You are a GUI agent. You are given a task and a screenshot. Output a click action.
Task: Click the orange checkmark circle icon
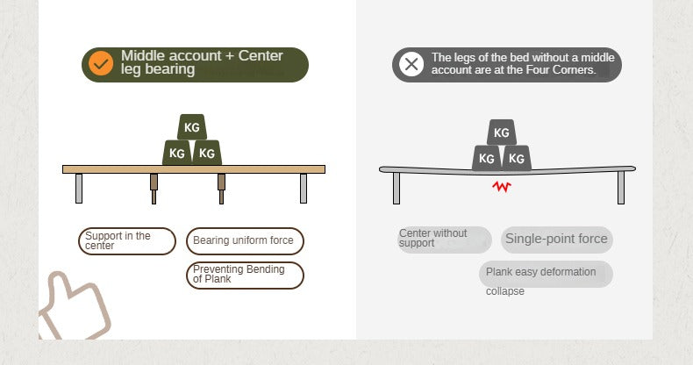[x=101, y=64]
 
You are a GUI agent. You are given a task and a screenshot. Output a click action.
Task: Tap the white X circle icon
[x=411, y=64]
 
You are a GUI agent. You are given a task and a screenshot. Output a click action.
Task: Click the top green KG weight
[x=192, y=127]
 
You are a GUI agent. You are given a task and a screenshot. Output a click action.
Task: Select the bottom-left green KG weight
[x=177, y=153]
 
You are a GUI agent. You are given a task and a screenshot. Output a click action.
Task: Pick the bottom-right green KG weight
[x=207, y=153]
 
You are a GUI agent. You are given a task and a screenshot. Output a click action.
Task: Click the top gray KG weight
[x=502, y=132]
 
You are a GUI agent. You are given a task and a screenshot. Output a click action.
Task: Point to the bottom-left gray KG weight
[x=487, y=158]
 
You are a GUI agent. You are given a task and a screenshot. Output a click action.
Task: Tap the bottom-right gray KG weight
[x=517, y=158]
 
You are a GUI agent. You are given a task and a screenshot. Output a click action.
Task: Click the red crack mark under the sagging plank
[x=502, y=187]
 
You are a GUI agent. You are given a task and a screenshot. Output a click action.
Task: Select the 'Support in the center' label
[x=127, y=241]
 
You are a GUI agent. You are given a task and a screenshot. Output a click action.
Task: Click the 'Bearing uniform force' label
[x=245, y=240]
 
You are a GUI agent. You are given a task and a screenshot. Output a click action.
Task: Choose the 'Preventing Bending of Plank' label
[x=245, y=276]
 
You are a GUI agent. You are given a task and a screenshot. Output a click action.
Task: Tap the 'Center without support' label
[x=444, y=240]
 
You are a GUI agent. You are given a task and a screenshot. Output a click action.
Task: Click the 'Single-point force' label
[x=557, y=240]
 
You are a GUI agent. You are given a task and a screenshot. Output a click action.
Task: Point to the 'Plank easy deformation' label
[x=546, y=274]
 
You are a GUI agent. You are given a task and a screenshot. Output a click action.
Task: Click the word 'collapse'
[x=505, y=291]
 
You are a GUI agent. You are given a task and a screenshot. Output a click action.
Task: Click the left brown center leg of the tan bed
[x=154, y=189]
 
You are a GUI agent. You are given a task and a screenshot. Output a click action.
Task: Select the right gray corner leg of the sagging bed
[x=621, y=188]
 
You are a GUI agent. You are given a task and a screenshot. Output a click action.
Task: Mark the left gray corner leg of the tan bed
[x=79, y=189]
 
